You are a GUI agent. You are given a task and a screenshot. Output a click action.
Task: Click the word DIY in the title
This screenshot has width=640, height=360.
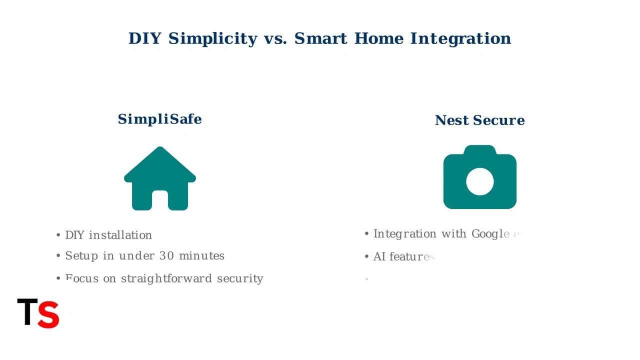(x=144, y=38)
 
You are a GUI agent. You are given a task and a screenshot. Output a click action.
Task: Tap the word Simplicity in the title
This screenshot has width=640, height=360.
(x=212, y=38)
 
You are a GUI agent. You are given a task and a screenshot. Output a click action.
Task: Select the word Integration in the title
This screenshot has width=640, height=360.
(x=460, y=38)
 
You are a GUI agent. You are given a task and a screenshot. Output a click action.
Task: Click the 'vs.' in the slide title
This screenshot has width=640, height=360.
(x=275, y=38)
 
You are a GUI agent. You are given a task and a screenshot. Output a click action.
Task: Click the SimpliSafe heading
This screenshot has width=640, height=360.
(x=159, y=119)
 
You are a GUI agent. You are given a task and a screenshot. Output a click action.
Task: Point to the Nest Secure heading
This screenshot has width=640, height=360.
(x=479, y=120)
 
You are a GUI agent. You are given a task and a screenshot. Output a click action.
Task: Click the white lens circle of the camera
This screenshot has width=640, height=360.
(x=479, y=181)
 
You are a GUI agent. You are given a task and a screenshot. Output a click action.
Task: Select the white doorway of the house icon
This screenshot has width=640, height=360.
(x=160, y=199)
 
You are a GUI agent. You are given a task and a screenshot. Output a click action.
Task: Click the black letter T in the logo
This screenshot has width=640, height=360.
(x=27, y=312)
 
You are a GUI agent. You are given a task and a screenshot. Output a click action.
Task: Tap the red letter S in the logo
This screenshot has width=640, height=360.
(x=48, y=314)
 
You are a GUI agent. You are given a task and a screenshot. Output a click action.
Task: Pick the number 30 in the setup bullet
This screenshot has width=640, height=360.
(x=166, y=255)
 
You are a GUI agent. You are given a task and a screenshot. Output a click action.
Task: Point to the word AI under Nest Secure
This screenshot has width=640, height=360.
(x=379, y=256)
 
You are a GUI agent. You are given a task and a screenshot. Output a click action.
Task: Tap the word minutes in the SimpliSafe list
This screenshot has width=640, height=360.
(x=201, y=255)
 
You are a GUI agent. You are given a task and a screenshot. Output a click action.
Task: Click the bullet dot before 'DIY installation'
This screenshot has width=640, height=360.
(x=58, y=235)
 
